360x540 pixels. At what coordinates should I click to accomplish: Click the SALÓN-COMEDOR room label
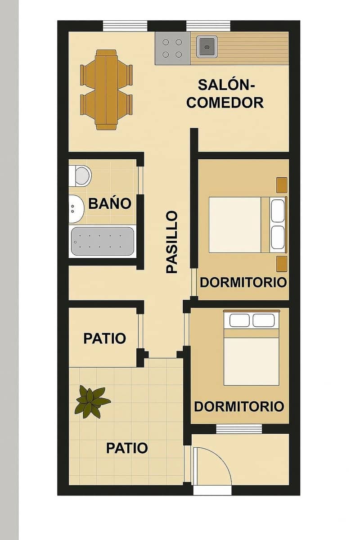pyautogui.click(x=225, y=94)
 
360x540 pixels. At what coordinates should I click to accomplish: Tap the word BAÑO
pyautogui.click(x=110, y=203)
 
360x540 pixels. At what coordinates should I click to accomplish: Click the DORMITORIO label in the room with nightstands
pyautogui.click(x=243, y=283)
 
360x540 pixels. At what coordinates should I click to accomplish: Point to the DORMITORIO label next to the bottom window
pyautogui.click(x=239, y=407)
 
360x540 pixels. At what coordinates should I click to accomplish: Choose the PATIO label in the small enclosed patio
pyautogui.click(x=104, y=338)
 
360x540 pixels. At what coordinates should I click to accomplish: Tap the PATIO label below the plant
pyautogui.click(x=127, y=448)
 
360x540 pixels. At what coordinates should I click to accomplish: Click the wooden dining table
pyautogui.click(x=106, y=89)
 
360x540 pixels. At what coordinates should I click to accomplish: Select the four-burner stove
pyautogui.click(x=172, y=48)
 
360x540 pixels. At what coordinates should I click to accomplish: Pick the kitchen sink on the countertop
pyautogui.click(x=207, y=46)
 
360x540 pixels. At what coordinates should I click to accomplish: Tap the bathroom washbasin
pyautogui.click(x=76, y=209)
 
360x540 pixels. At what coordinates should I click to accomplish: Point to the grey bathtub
pyautogui.click(x=102, y=242)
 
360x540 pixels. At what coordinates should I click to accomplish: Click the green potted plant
pyautogui.click(x=92, y=400)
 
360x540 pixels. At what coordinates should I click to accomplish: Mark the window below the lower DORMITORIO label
pyautogui.click(x=239, y=429)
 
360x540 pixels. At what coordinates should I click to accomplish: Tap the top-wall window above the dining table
pyautogui.click(x=125, y=26)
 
